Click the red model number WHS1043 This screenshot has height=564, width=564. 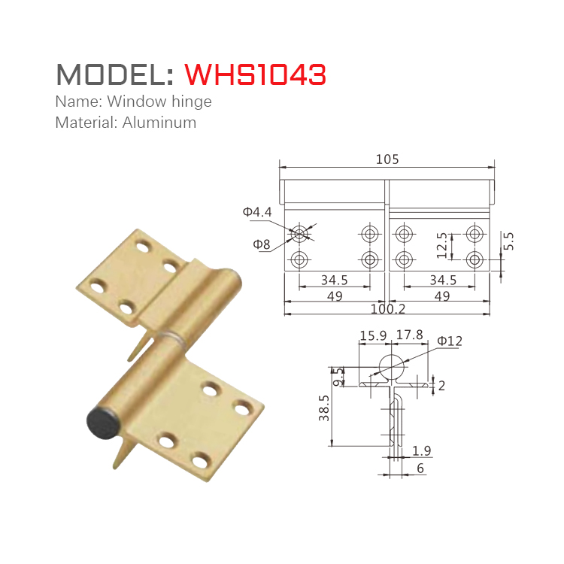255,74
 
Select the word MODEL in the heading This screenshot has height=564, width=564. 114,74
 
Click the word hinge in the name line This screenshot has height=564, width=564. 193,102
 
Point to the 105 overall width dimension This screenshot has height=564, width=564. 387,159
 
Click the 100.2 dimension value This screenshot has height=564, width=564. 387,308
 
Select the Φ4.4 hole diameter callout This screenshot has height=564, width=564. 257,213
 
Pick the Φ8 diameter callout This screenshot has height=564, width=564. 261,244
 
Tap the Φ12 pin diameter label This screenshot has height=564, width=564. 450,341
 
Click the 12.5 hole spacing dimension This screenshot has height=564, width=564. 443,246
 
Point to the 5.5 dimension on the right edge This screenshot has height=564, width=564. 508,241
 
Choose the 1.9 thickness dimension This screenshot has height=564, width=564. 422,450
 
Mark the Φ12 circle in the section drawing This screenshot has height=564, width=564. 391,367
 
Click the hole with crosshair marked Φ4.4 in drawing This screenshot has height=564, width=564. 299,233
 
